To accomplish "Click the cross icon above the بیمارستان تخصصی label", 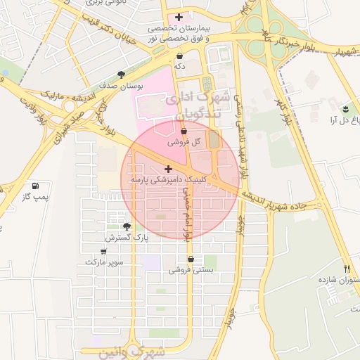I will click(x=179, y=16).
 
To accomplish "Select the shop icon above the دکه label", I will click(x=180, y=55).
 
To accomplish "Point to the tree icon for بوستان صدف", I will click(x=122, y=74).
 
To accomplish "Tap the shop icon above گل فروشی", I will click(x=184, y=131).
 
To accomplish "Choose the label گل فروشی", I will click(x=184, y=141).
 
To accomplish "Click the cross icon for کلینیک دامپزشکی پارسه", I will click(x=167, y=169).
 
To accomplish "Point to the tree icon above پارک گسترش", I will click(x=127, y=226).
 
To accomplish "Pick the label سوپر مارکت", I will click(x=104, y=262).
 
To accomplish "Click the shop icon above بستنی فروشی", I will click(x=191, y=259).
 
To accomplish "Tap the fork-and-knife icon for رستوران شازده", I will click(x=347, y=269).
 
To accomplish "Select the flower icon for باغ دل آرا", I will click(x=345, y=109).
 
